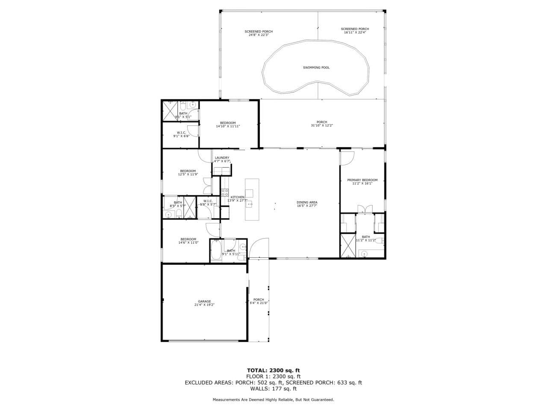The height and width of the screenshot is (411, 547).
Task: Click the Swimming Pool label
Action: point(316,68)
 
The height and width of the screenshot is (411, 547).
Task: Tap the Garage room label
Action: point(204,301)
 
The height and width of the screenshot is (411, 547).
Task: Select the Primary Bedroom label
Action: point(362,180)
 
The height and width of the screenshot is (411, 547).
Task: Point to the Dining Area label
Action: point(307,203)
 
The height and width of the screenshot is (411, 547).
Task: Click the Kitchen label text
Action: point(238,197)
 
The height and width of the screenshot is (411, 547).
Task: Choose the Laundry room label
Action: point(222,158)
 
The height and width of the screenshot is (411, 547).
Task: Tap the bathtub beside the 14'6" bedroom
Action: point(216,251)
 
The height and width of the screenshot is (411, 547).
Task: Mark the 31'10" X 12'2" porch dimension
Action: point(322,126)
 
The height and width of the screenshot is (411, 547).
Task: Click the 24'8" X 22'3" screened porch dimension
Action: point(259,35)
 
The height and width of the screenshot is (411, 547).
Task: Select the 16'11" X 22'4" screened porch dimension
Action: point(355,33)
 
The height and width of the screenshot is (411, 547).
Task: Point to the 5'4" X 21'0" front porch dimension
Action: point(259,303)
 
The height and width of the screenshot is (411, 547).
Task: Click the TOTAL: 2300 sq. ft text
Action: point(273,370)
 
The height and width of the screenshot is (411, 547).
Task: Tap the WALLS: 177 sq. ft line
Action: point(273,389)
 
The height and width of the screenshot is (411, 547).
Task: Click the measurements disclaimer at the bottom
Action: point(273,399)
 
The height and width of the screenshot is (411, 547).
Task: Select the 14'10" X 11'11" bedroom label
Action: point(228,126)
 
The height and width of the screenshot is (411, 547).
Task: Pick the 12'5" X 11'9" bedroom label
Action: point(188,175)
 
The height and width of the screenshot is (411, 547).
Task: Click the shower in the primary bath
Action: point(348,246)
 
